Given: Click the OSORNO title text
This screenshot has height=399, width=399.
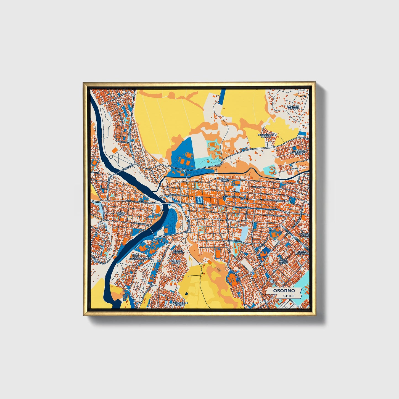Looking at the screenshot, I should pyautogui.click(x=284, y=291).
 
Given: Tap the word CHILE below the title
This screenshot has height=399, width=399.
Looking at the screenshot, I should pyautogui.click(x=289, y=296).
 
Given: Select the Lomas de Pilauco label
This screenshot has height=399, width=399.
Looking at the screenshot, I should pyautogui.click(x=293, y=107).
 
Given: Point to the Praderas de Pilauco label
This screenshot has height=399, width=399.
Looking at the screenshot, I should pyautogui.click(x=266, y=135).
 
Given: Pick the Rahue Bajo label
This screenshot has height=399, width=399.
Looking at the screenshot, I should pyautogui.click(x=120, y=214).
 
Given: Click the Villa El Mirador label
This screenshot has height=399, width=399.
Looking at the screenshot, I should pyautogui.click(x=178, y=251).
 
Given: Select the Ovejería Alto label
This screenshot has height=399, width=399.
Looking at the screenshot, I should pyautogui.click(x=175, y=262).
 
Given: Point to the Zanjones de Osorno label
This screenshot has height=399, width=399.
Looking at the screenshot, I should pyautogui.click(x=180, y=304).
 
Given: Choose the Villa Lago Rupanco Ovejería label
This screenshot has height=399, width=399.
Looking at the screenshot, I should pyautogui.click(x=141, y=257).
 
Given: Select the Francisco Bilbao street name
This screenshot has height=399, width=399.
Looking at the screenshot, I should pyautogui.click(x=274, y=215).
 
